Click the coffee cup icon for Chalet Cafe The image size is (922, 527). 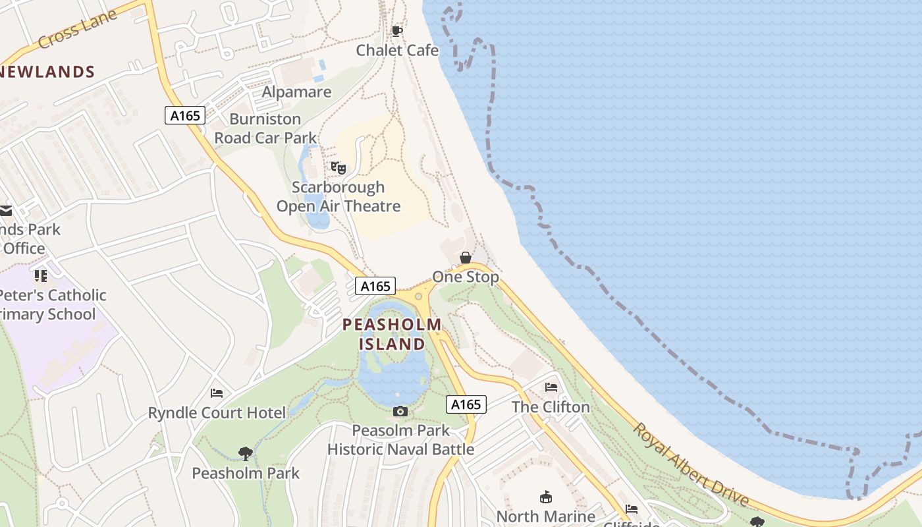397,31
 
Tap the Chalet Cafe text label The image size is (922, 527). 397,50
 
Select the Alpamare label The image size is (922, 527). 296,92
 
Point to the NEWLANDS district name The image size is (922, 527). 47,72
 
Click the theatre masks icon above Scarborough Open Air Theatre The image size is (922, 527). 339,168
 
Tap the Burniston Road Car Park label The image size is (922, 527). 265,128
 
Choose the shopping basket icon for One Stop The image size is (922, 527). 466,258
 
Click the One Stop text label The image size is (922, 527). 466,277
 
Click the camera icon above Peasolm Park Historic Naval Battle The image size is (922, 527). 400,412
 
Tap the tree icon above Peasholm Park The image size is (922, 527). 246,453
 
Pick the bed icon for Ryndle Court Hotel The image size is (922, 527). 217,393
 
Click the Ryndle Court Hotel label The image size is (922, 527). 217,413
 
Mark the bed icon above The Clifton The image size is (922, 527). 551,387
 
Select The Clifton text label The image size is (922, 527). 551,407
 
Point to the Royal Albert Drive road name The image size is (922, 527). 691,464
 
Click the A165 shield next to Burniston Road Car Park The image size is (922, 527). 185,116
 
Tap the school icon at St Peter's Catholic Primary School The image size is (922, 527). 41,275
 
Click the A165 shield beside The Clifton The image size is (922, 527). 466,404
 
